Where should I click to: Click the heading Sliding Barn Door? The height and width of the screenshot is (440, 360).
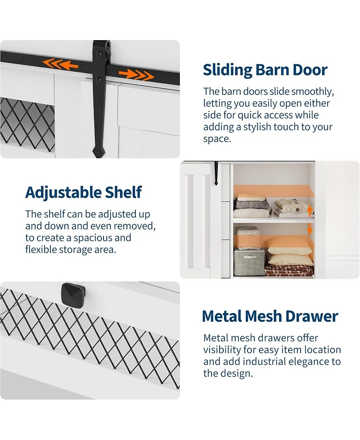[x=265, y=70]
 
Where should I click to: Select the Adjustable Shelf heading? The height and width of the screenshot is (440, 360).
[x=83, y=192]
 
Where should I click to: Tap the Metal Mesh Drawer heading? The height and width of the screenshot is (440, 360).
[x=270, y=316]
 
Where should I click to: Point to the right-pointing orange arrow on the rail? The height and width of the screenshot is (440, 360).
[x=136, y=75]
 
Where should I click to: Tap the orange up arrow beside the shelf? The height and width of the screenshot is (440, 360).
[x=310, y=210]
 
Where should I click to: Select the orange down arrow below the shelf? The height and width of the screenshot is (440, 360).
[x=310, y=229]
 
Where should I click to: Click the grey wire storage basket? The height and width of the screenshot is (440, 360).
[x=249, y=262]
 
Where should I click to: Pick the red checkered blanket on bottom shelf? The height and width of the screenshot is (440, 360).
[x=289, y=270]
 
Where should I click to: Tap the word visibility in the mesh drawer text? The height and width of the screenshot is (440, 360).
[x=222, y=350]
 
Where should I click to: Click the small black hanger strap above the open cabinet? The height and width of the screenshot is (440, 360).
[x=216, y=173]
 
